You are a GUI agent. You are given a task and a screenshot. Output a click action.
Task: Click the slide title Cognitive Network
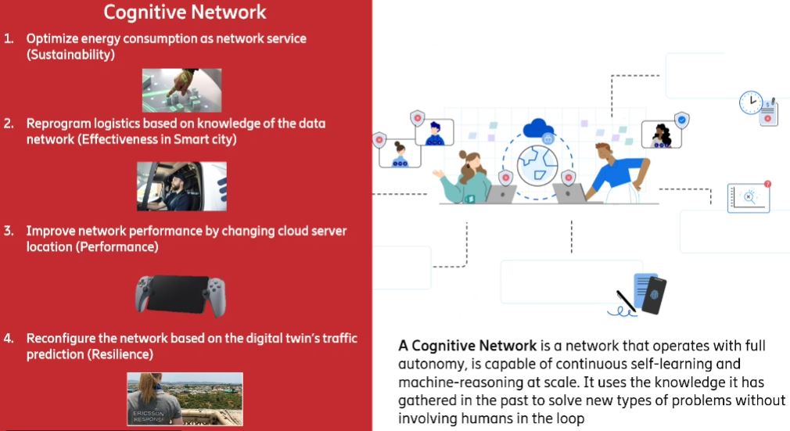185,13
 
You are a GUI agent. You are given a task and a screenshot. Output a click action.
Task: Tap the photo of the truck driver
181,186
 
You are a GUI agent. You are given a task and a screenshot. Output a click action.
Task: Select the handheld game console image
182,294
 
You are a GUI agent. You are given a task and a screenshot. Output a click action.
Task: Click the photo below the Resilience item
185,398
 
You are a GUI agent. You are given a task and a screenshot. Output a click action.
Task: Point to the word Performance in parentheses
123,247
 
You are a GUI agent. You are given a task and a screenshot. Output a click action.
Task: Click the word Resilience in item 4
119,354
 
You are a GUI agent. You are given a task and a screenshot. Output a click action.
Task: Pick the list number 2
9,124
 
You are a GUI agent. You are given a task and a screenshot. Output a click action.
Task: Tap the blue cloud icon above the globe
539,128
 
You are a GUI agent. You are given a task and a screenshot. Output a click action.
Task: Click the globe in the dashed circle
539,163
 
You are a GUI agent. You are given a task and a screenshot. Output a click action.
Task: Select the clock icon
751,102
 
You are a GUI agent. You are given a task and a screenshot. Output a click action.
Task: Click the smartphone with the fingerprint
654,295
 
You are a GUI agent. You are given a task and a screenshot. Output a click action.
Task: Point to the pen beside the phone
625,301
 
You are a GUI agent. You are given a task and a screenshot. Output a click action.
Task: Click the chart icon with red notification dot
749,198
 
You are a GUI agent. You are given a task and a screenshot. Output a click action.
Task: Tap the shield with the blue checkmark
681,120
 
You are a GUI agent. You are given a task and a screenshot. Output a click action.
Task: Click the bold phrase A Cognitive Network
467,346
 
